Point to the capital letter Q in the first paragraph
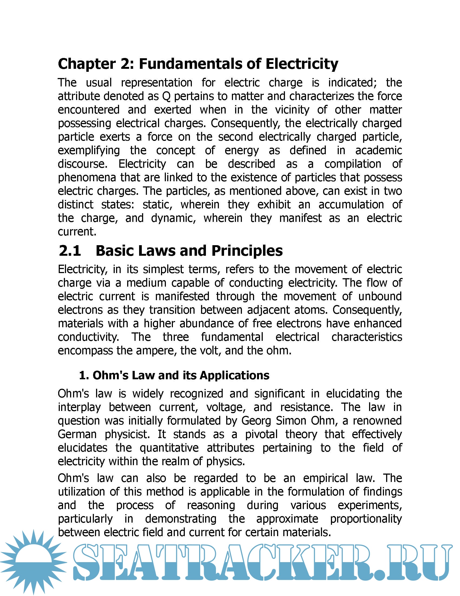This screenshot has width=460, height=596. coord(166,96)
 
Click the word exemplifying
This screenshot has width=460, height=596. coord(89,151)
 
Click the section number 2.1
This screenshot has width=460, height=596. coord(70,251)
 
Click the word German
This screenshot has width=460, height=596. coord(77,434)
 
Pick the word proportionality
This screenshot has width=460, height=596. coord(366,519)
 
